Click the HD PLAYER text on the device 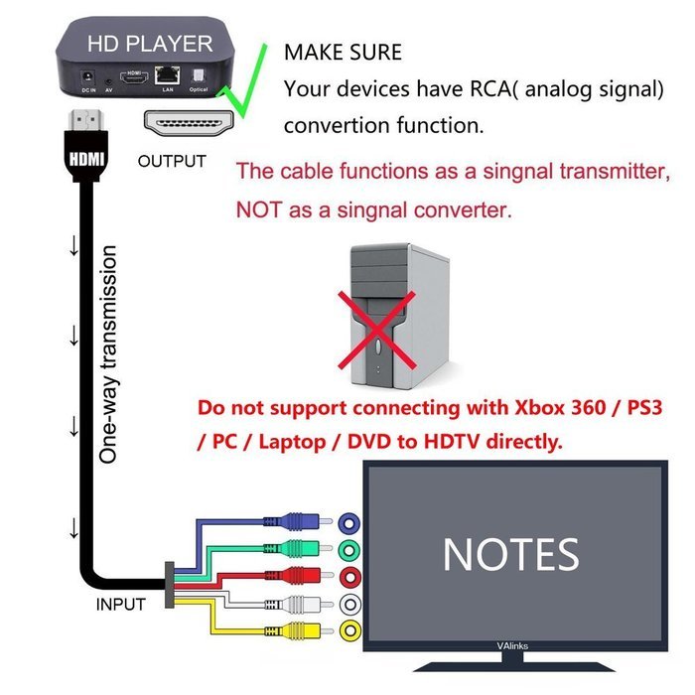[149, 44]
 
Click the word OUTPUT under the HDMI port [172, 161]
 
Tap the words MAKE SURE [343, 51]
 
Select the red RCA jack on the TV [348, 577]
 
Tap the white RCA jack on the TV [348, 604]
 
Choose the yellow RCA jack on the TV [348, 629]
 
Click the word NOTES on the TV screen [510, 554]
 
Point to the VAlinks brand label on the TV [513, 645]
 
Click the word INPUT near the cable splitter [120, 604]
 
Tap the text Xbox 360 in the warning [521, 408]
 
